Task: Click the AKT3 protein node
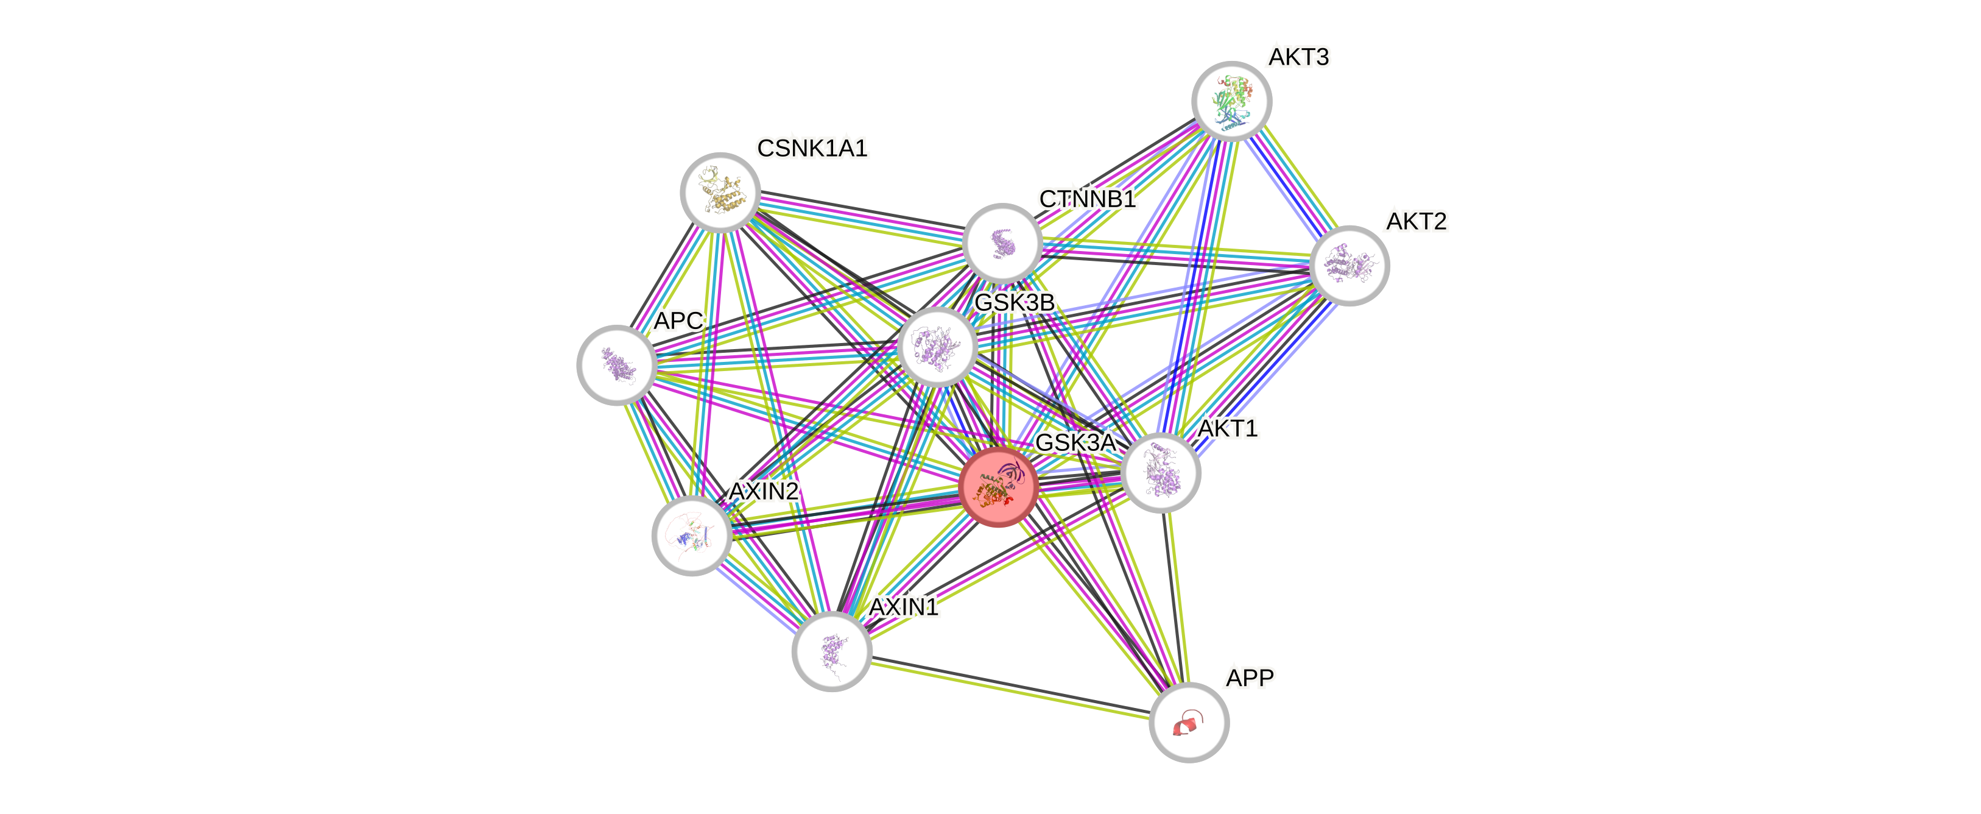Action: (x=1231, y=101)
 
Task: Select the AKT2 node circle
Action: (x=1349, y=266)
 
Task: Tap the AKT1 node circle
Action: (x=1161, y=472)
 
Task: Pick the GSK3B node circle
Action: (x=937, y=346)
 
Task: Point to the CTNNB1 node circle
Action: (x=1002, y=243)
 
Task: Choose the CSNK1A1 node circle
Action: (x=720, y=191)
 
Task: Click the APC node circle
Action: (x=616, y=365)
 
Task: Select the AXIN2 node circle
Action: (x=691, y=536)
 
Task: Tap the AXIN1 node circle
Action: (x=831, y=651)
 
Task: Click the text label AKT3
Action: (x=1299, y=57)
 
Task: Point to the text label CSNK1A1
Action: (x=812, y=147)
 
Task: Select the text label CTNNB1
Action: (x=1088, y=199)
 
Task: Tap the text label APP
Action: (x=1250, y=678)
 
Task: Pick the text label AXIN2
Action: (x=764, y=491)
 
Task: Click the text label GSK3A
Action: (x=1075, y=442)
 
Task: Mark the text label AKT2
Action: (x=1416, y=222)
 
